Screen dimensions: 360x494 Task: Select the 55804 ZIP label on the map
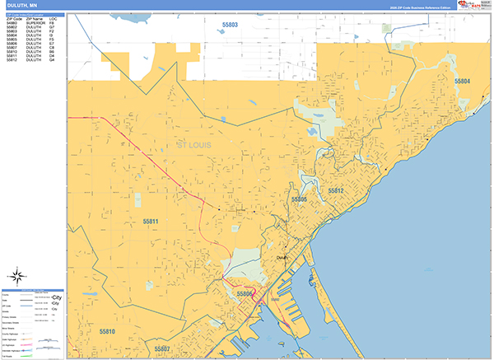pos(462,81)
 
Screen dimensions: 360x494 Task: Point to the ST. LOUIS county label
pos(194,145)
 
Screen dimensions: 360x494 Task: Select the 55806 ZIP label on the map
pos(245,293)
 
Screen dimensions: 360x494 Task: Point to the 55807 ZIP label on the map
pos(161,348)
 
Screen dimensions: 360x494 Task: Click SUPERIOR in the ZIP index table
pos(33,23)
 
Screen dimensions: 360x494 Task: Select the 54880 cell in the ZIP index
pos(12,23)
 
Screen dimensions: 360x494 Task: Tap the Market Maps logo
pos(476,5)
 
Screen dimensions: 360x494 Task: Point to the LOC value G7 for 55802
pos(52,27)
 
